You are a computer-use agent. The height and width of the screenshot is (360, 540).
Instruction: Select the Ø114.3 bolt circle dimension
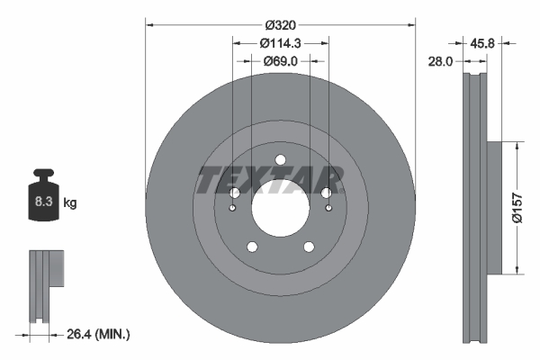[x=280, y=43]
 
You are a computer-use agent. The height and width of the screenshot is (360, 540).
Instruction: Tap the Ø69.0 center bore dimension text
[x=280, y=61]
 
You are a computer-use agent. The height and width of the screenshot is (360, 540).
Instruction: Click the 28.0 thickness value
[x=442, y=61]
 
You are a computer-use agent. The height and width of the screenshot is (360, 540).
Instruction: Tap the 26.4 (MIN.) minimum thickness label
[x=98, y=334]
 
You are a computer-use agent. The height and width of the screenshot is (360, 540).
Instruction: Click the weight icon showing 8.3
[x=43, y=200]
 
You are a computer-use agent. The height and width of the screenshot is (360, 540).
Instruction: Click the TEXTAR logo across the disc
[x=269, y=179]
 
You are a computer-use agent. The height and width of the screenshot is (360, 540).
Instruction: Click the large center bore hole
[x=280, y=214]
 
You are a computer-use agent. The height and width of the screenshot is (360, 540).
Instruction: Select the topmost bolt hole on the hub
[x=280, y=161]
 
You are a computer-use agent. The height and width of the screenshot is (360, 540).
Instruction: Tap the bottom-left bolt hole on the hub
[x=253, y=247]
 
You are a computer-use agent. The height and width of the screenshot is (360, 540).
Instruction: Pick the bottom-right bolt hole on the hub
[x=308, y=247]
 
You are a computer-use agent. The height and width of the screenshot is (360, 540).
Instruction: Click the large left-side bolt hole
[x=234, y=193]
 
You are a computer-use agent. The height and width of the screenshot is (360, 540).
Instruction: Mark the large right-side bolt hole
[x=326, y=193]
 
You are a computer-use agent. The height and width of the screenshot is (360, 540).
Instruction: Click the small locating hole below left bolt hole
[x=233, y=210]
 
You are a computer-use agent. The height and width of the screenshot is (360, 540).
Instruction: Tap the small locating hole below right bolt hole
[x=328, y=210]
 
